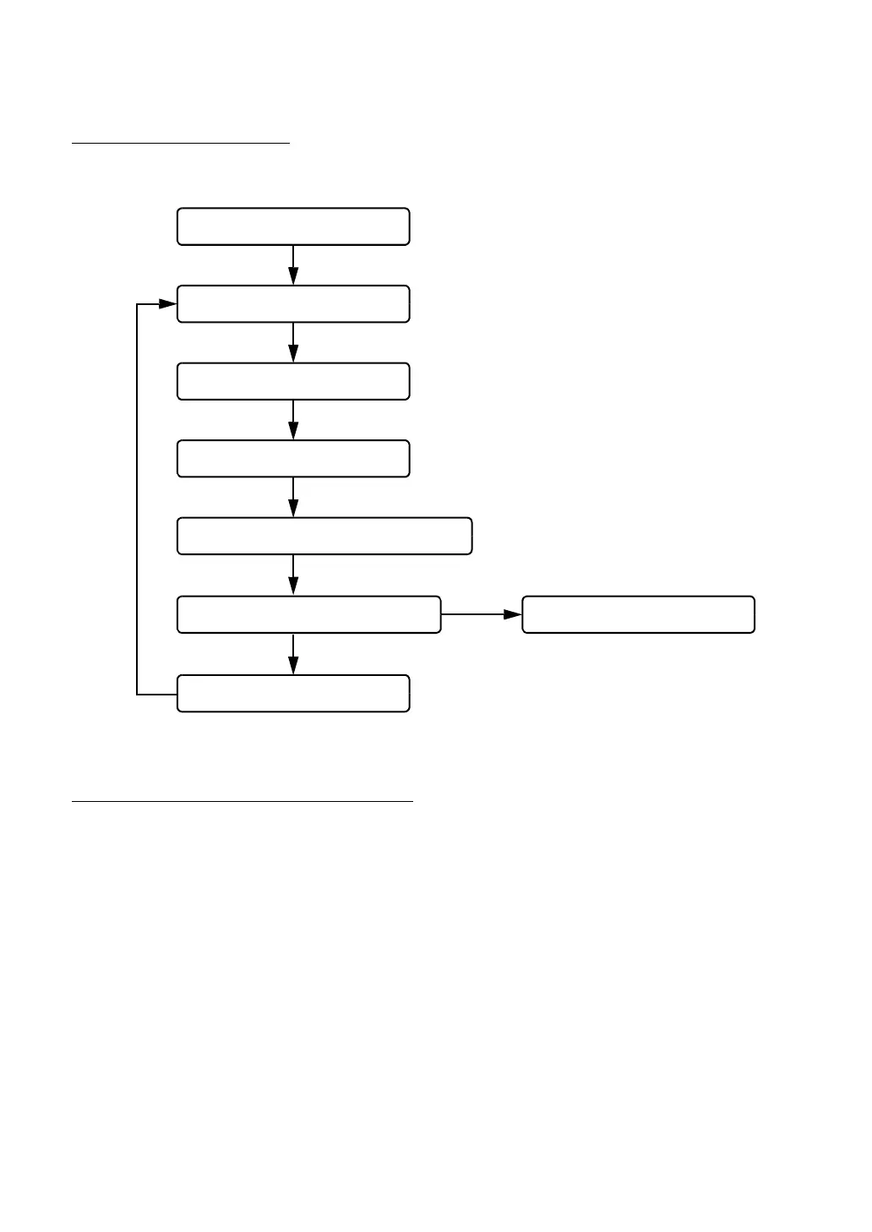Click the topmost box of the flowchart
tap(293, 226)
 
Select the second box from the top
tap(293, 304)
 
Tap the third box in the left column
tap(293, 381)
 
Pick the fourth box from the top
tap(293, 459)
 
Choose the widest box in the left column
tap(324, 536)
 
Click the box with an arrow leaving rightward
tap(308, 614)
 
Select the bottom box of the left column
tap(293, 693)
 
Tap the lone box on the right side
tap(638, 614)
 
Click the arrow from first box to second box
tap(293, 264)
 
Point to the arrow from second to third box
tap(293, 342)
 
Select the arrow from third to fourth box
tap(293, 420)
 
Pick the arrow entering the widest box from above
tap(293, 497)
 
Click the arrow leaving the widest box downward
tap(293, 575)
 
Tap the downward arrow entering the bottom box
tap(293, 653)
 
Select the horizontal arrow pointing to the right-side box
tap(482, 614)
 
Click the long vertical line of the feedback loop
tap(137, 499)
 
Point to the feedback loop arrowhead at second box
tap(168, 304)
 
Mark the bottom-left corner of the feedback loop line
tap(137, 695)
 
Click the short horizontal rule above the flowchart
tap(181, 144)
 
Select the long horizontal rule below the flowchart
tap(243, 801)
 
